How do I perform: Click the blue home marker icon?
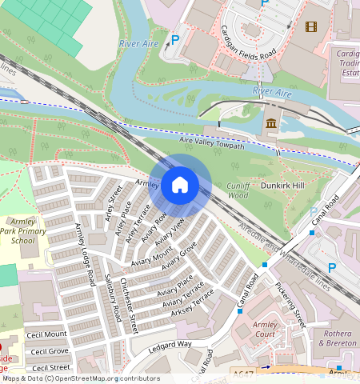[x=180, y=186]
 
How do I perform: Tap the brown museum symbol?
[x=271, y=124]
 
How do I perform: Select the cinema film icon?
[x=310, y=26]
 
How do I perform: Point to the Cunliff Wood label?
[x=238, y=190]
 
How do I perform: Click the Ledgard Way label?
[x=170, y=346]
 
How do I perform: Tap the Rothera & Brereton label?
[x=336, y=338]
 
